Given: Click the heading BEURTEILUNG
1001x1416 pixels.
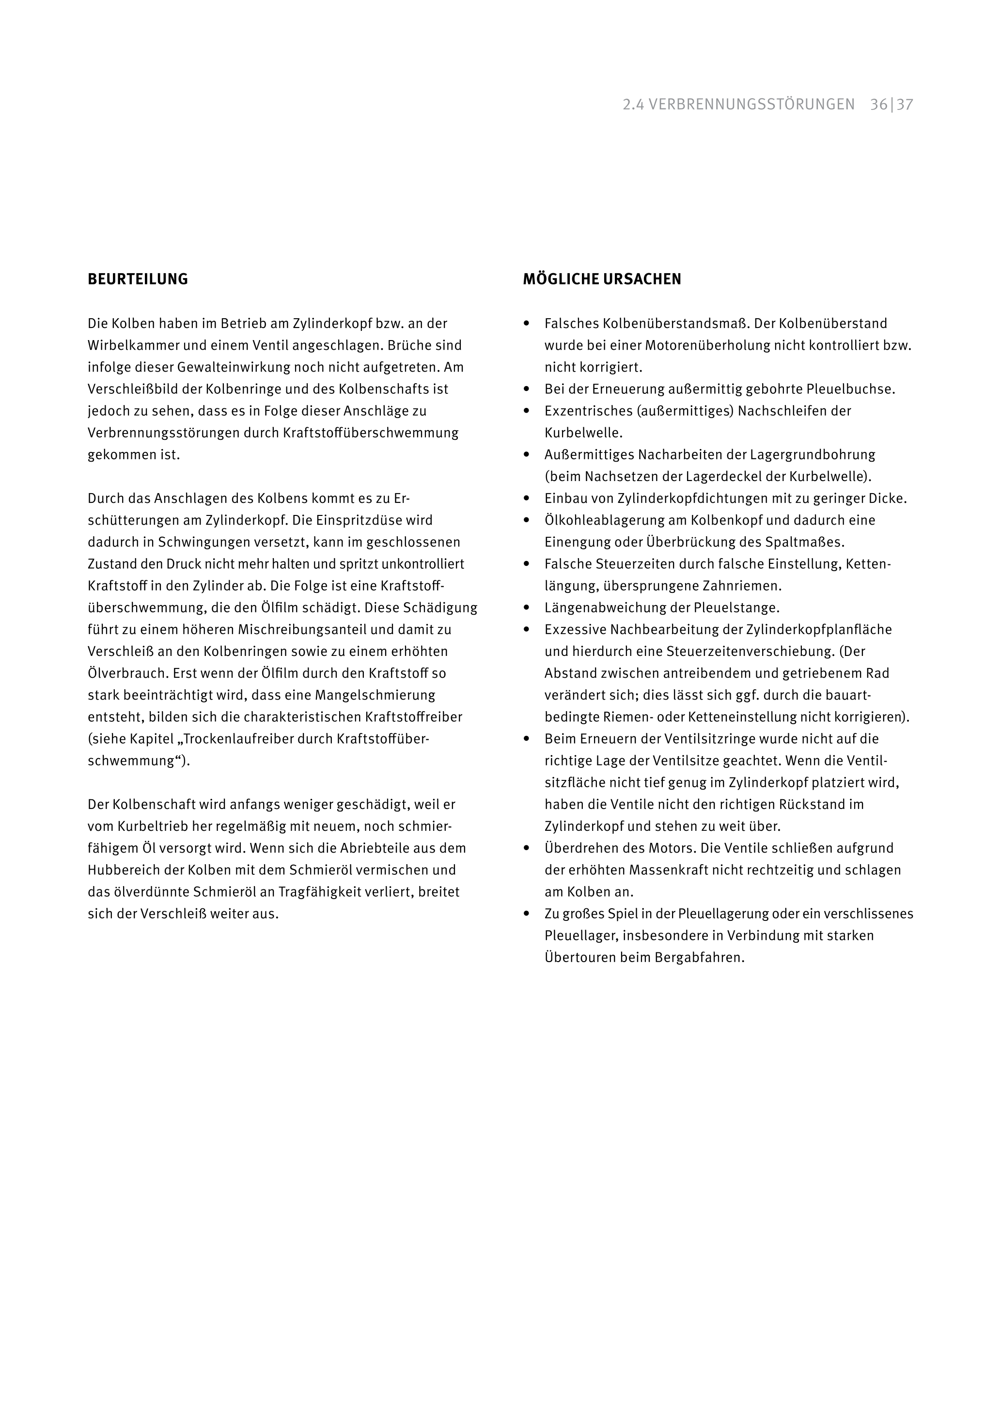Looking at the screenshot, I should pyautogui.click(x=138, y=280).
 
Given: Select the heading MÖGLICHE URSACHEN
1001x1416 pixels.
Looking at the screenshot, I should pyautogui.click(x=602, y=280).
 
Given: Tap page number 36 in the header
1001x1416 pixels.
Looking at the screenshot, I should pyautogui.click(x=878, y=105).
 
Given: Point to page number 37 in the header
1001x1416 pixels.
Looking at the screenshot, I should pyautogui.click(x=905, y=105).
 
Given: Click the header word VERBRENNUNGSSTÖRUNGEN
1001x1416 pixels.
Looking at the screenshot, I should pyautogui.click(x=752, y=105).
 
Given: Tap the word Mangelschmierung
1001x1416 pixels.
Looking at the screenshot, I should pyautogui.click(x=375, y=695).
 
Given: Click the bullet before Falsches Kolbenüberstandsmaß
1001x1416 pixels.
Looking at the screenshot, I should pyautogui.click(x=527, y=324).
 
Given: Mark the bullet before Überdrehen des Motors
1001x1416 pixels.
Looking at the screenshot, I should pyautogui.click(x=527, y=849).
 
